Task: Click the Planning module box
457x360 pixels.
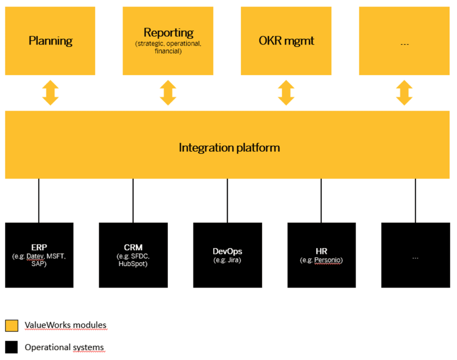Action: pyautogui.click(x=50, y=41)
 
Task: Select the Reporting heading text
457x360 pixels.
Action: pyautogui.click(x=168, y=33)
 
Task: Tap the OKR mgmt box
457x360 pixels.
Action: pyautogui.click(x=286, y=41)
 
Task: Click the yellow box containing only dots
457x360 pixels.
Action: pyautogui.click(x=404, y=41)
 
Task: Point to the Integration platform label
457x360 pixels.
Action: pyautogui.click(x=229, y=148)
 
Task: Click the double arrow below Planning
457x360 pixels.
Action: pyautogui.click(x=50, y=93)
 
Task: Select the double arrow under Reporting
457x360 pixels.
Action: pyautogui.click(x=168, y=93)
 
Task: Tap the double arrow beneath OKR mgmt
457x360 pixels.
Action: pyautogui.click(x=286, y=93)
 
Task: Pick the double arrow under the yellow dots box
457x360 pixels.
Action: pyautogui.click(x=404, y=93)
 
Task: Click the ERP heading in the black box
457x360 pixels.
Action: pyautogui.click(x=39, y=247)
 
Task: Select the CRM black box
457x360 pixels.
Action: pyautogui.click(x=133, y=255)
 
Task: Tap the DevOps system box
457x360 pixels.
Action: pyautogui.click(x=227, y=255)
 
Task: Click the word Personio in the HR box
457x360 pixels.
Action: pyautogui.click(x=328, y=260)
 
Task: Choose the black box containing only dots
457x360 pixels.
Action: pyautogui.click(x=415, y=255)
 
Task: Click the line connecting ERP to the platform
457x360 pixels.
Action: pyautogui.click(x=39, y=201)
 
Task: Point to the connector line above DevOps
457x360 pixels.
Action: pyautogui.click(x=227, y=201)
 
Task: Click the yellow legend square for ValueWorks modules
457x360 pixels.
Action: pyautogui.click(x=12, y=326)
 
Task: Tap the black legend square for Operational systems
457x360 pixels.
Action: pyautogui.click(x=12, y=347)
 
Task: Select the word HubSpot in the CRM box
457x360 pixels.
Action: pyautogui.click(x=133, y=264)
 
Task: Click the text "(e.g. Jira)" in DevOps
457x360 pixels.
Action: pyautogui.click(x=227, y=260)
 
